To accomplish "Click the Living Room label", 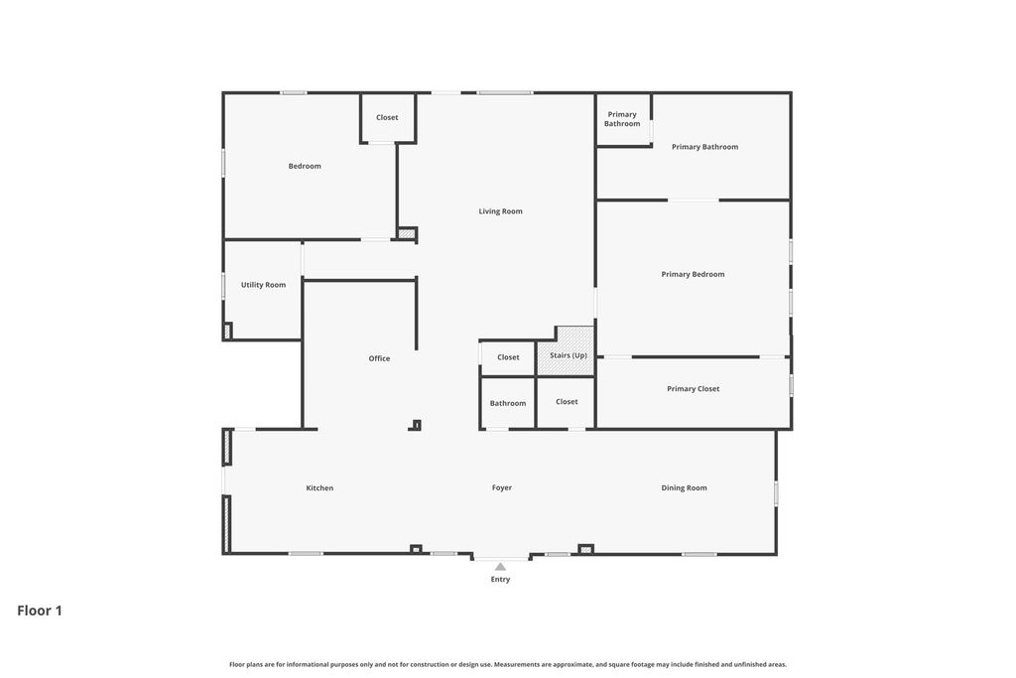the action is [x=500, y=211].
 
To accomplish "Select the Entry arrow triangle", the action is [x=500, y=567].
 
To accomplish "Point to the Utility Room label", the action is [x=263, y=285].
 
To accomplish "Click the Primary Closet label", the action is [x=694, y=389].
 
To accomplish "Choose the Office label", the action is [x=379, y=358].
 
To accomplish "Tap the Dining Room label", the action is [x=685, y=488].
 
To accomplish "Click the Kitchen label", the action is [x=319, y=488].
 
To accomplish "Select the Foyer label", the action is [x=501, y=488].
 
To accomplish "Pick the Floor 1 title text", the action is [x=40, y=610].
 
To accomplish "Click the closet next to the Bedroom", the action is [x=388, y=118].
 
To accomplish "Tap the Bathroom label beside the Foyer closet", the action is [x=508, y=403].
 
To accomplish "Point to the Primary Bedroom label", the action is [x=693, y=274].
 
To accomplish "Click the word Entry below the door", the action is [x=500, y=580].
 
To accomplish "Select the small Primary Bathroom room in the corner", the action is [x=623, y=120].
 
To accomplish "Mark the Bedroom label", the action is [x=305, y=166].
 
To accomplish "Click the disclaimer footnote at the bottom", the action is [x=508, y=664].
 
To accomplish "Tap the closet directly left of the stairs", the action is [x=508, y=357].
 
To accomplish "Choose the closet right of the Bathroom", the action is [x=566, y=402].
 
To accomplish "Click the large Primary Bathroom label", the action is [x=705, y=147].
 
